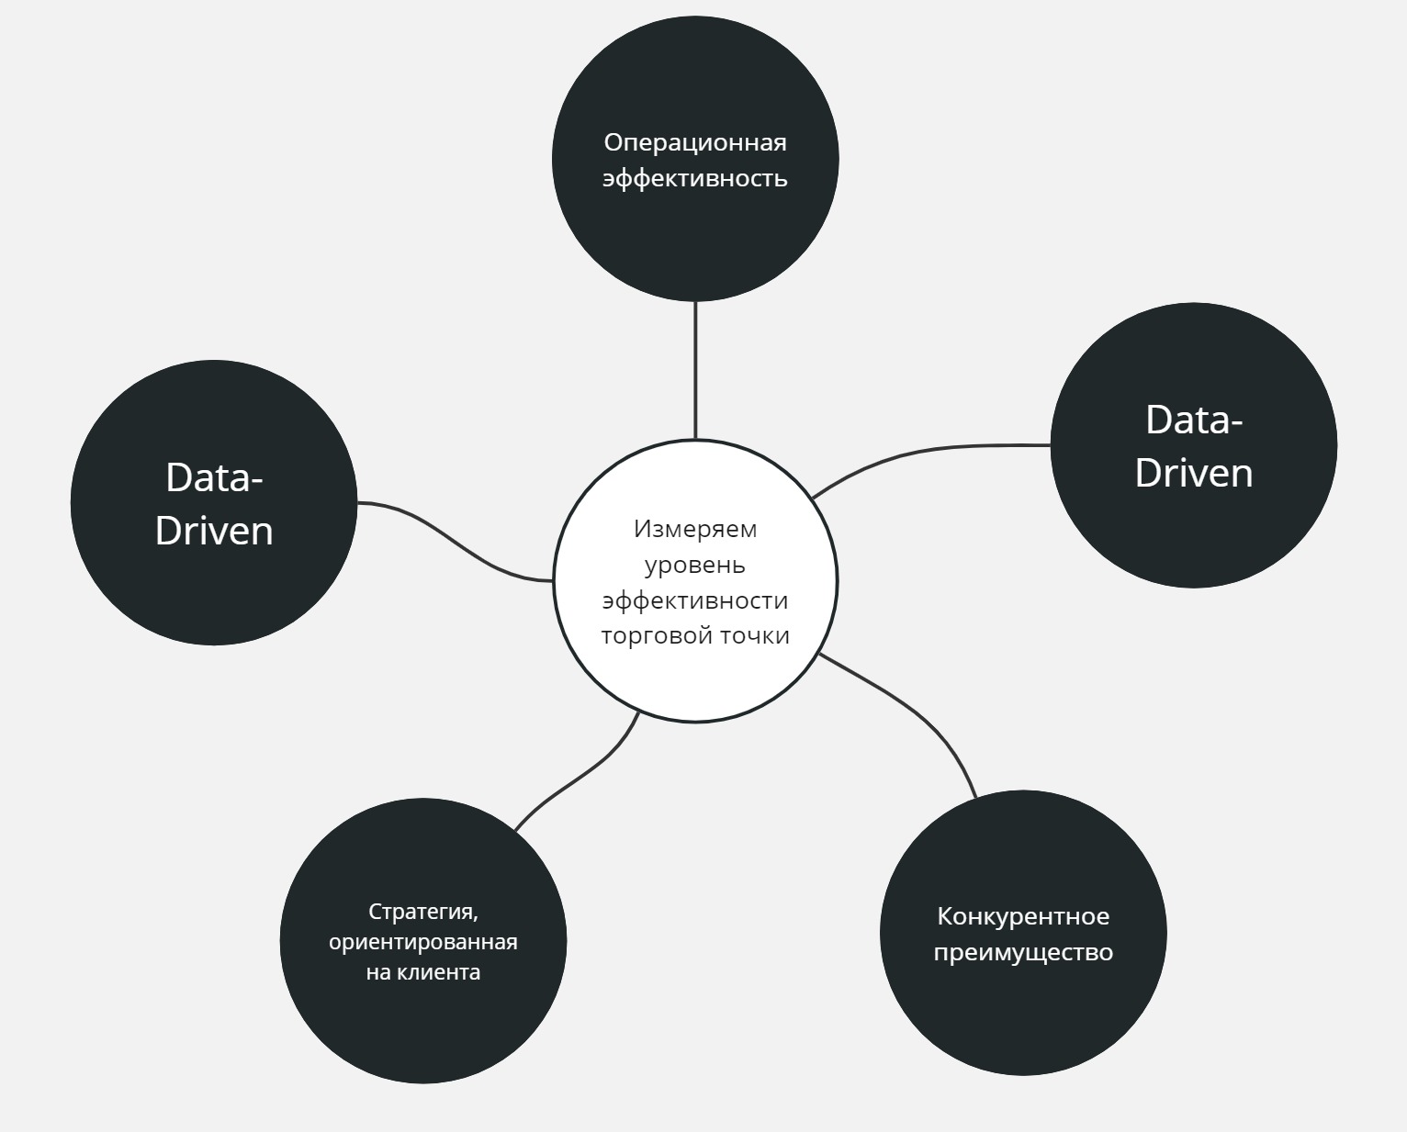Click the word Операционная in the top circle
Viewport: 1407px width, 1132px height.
695,143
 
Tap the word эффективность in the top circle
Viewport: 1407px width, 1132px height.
695,177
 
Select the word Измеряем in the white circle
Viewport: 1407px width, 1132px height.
695,529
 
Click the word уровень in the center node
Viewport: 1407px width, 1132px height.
695,565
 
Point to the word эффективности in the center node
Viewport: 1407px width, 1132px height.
695,600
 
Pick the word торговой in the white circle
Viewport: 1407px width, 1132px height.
657,636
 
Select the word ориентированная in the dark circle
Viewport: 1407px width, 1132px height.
423,942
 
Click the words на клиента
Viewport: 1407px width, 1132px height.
423,972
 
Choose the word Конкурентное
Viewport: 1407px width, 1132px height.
1023,916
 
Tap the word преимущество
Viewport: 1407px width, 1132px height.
1023,952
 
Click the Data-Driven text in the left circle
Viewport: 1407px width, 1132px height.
214,504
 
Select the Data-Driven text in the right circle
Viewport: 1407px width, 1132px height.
1194,446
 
